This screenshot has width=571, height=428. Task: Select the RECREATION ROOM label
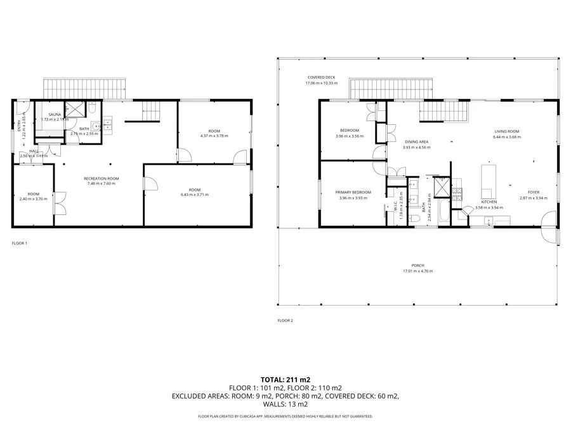[102, 179]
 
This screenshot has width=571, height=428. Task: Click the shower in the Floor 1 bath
[74, 109]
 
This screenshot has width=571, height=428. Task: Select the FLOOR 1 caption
[20, 243]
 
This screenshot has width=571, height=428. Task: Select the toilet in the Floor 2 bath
[415, 218]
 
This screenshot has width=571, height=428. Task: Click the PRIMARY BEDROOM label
[353, 192]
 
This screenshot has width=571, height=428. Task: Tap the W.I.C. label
[395, 206]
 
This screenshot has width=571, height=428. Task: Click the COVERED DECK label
[321, 77]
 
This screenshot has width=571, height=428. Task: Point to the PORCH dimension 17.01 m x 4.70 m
[417, 271]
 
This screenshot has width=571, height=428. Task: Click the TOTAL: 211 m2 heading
[285, 379]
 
